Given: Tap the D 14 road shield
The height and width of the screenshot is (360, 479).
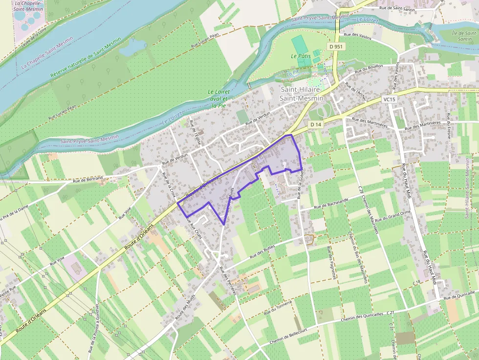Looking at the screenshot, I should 316,125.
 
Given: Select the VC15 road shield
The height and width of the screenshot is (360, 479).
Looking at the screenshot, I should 389,99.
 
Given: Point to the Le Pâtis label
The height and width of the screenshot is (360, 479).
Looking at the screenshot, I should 301,56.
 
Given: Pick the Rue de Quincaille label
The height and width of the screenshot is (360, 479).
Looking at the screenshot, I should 459,294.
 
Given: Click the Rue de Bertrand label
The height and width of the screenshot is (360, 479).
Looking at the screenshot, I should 88,179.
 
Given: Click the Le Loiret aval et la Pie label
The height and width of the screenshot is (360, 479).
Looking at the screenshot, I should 218,98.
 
